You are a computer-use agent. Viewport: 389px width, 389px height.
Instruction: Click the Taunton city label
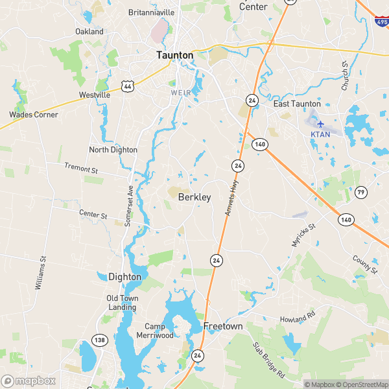[175, 56]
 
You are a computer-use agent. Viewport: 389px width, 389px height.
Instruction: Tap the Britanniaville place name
[152, 12]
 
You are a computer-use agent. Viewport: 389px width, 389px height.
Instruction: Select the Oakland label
[89, 31]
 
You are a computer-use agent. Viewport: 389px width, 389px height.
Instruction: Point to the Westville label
[95, 95]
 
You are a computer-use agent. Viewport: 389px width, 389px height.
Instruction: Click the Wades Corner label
[34, 115]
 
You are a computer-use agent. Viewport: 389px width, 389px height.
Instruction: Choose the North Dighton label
[113, 150]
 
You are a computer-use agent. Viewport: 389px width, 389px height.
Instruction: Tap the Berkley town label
[194, 197]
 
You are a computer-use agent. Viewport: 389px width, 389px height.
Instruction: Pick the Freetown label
[223, 326]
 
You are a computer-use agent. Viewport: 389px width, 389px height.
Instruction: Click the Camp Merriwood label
[155, 331]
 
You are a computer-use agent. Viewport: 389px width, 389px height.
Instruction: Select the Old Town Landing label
[121, 303]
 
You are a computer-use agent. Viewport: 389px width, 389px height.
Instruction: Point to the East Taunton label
[297, 104]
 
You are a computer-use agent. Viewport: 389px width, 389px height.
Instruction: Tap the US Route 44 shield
[127, 86]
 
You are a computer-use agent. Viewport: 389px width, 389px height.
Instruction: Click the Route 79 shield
[361, 192]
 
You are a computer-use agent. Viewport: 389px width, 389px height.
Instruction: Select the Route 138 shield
[100, 340]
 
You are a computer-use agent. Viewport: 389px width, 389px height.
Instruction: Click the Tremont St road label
[80, 169]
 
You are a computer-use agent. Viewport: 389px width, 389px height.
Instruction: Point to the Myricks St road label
[302, 234]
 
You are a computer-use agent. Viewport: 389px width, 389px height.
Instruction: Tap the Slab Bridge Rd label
[269, 361]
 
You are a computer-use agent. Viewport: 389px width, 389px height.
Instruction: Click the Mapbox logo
[28, 381]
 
